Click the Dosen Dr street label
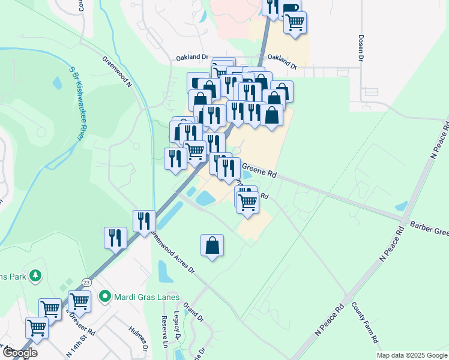[362, 47]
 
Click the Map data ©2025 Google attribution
[411, 355]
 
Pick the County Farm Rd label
[366, 330]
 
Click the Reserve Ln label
[164, 332]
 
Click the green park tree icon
[36, 275]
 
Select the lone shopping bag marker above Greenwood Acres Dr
[212, 245]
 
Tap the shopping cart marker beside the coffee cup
[295, 23]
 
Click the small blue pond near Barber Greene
[400, 206]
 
